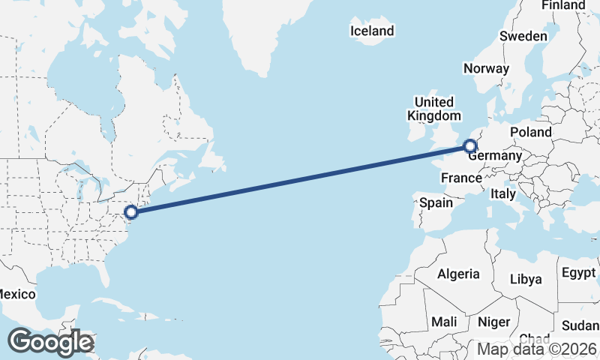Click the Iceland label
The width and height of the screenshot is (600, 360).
click(x=372, y=31)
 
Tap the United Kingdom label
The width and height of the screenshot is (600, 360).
click(x=434, y=109)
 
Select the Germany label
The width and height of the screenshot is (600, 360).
click(x=495, y=156)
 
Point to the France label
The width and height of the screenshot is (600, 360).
click(x=461, y=178)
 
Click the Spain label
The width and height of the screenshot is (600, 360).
click(x=436, y=202)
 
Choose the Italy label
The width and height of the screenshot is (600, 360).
click(x=503, y=193)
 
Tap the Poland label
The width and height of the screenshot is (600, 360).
click(x=530, y=133)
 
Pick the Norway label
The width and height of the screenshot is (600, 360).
click(x=486, y=68)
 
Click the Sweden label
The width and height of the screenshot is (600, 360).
click(x=523, y=36)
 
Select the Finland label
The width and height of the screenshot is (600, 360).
click(x=563, y=5)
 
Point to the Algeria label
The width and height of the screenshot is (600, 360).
click(x=458, y=274)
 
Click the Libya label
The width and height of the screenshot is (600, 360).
click(x=526, y=279)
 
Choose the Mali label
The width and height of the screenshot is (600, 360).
click(x=444, y=322)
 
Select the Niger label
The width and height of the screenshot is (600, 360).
click(x=494, y=322)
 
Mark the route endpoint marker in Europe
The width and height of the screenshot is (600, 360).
click(x=470, y=146)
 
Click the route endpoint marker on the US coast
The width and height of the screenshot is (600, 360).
click(x=130, y=212)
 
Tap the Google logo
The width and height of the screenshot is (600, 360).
click(x=50, y=342)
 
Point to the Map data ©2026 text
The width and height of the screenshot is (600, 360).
click(x=537, y=349)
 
